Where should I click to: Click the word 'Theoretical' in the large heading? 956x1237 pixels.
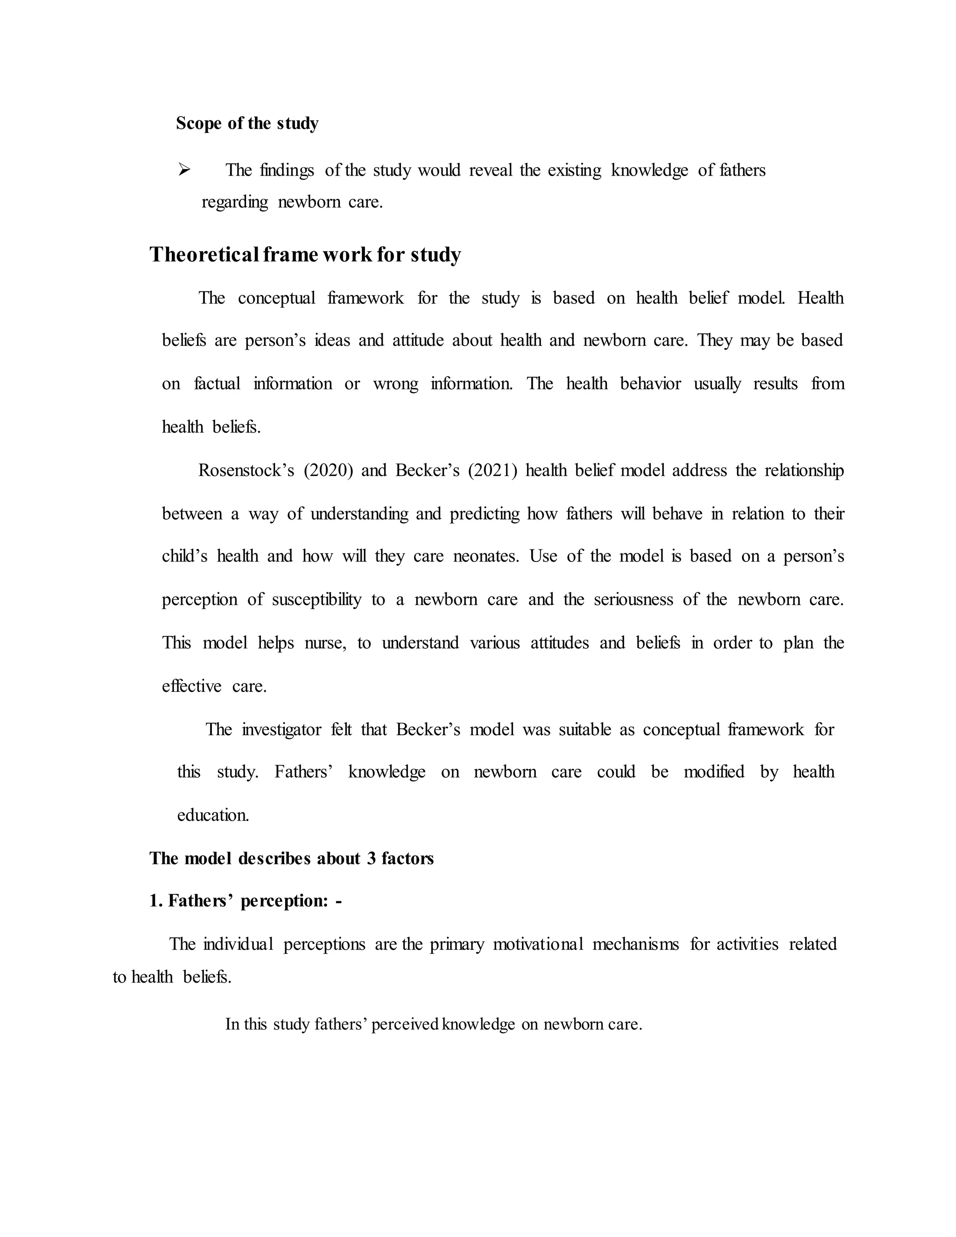tap(204, 254)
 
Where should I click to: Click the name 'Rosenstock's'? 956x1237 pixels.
tap(246, 470)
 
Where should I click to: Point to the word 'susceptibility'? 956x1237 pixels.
tap(316, 599)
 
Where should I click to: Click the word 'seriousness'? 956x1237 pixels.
tap(633, 599)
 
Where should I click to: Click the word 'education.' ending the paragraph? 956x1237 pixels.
tap(213, 815)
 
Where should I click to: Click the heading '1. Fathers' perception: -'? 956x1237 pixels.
tap(245, 900)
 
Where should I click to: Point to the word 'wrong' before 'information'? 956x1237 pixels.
tap(395, 383)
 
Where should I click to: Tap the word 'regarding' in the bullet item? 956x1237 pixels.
tap(234, 202)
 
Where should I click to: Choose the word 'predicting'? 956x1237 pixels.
tap(484, 514)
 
